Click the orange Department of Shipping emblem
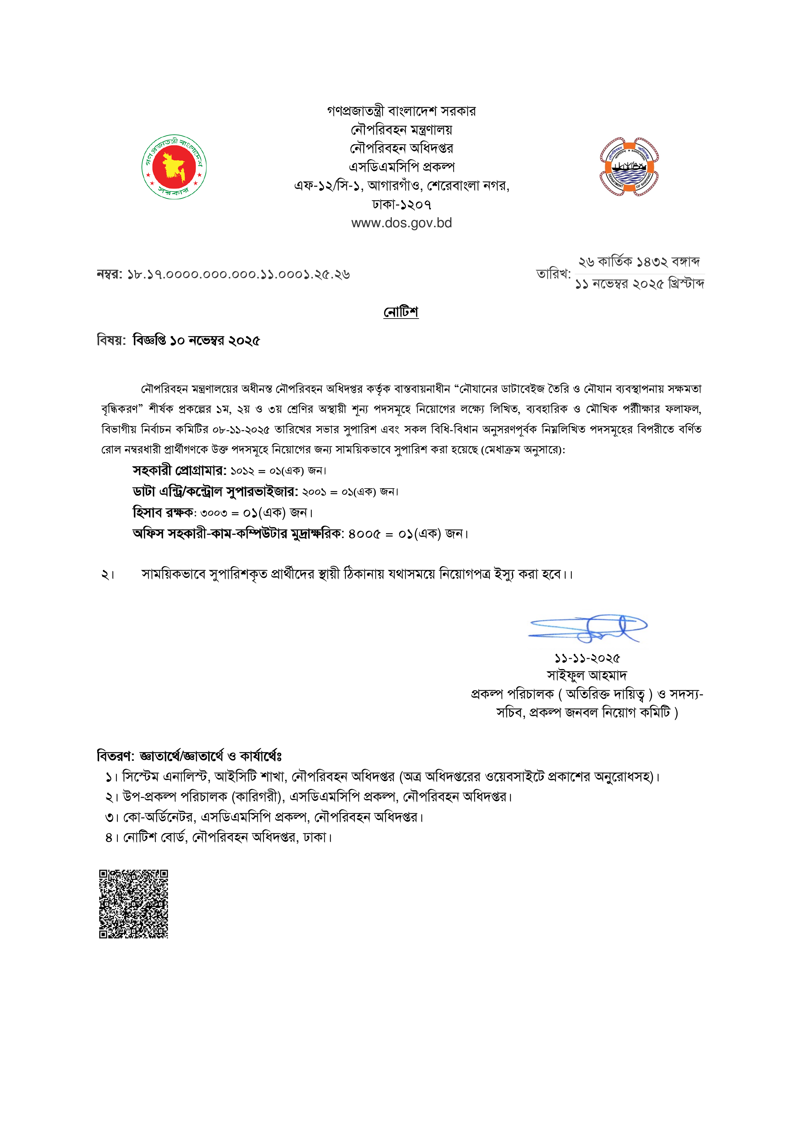coord(629,167)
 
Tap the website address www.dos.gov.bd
coord(401,223)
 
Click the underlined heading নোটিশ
coord(401,312)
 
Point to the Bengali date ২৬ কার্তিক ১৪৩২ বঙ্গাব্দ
coord(639,262)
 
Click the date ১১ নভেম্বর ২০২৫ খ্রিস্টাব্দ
coord(639,284)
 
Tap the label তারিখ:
coord(553,274)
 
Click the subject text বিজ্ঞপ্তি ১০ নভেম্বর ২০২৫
coord(197,341)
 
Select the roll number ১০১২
coord(242,470)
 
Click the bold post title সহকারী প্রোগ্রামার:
coord(179,470)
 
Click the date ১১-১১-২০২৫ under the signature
coord(587,658)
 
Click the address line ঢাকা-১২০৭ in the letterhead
coord(401,204)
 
